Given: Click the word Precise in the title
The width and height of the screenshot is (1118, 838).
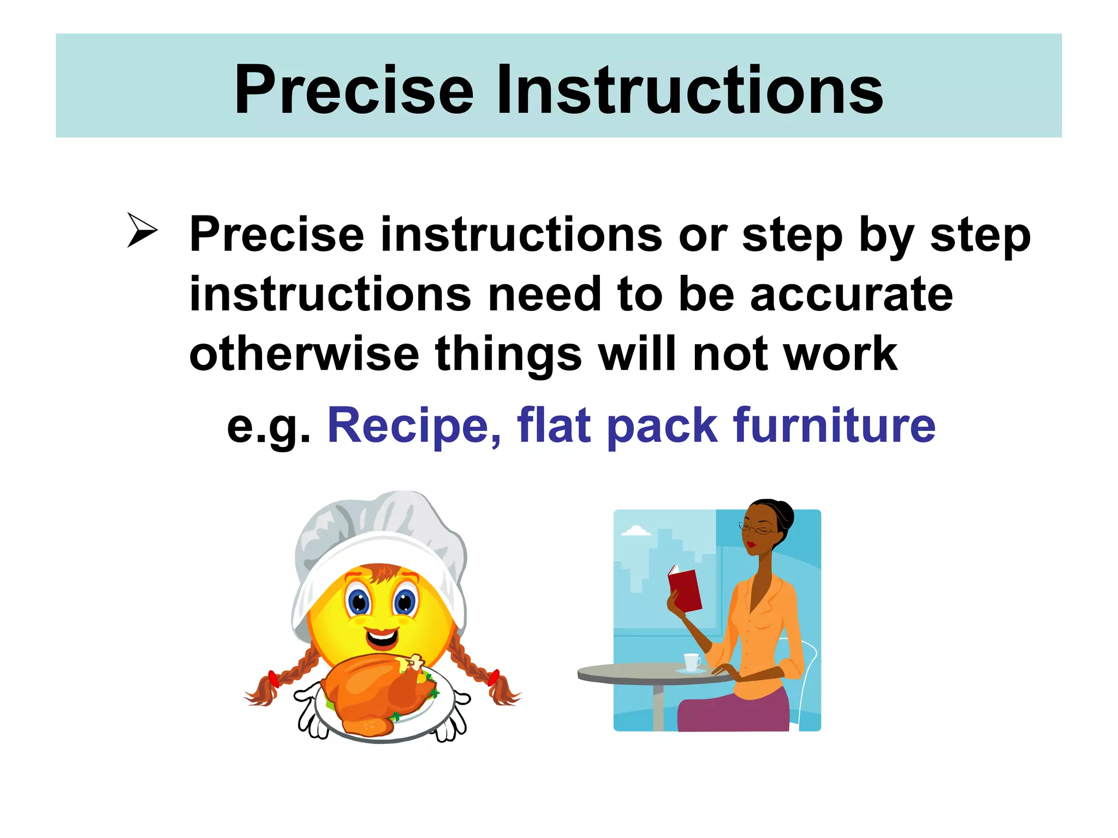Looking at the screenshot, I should point(354,90).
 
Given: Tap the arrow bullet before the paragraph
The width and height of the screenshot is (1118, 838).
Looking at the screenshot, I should point(142,230).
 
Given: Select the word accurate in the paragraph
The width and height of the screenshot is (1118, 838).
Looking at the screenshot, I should point(851,294).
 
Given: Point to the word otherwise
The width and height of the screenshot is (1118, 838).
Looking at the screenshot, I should point(304,354).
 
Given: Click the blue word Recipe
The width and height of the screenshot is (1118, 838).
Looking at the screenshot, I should point(414,426).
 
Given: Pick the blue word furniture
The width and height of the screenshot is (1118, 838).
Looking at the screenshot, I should point(835,426).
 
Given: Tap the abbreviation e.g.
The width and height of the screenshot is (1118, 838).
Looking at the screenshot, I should point(268,427).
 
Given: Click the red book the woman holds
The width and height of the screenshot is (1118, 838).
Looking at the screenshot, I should point(685,589).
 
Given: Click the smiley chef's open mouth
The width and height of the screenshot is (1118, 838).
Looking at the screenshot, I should point(382,637).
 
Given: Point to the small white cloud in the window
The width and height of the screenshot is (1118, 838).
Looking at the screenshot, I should point(636,530).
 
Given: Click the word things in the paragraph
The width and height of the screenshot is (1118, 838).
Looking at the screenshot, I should point(508,354).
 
